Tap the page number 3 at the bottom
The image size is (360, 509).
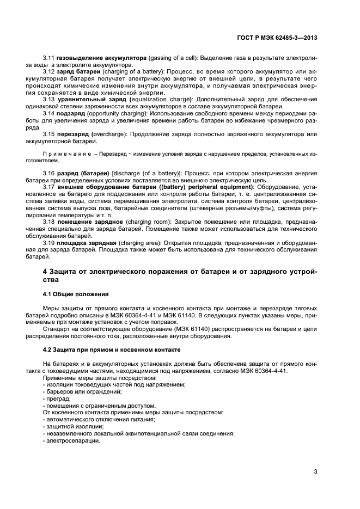tap(315, 471)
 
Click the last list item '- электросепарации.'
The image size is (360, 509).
tap(70, 441)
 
